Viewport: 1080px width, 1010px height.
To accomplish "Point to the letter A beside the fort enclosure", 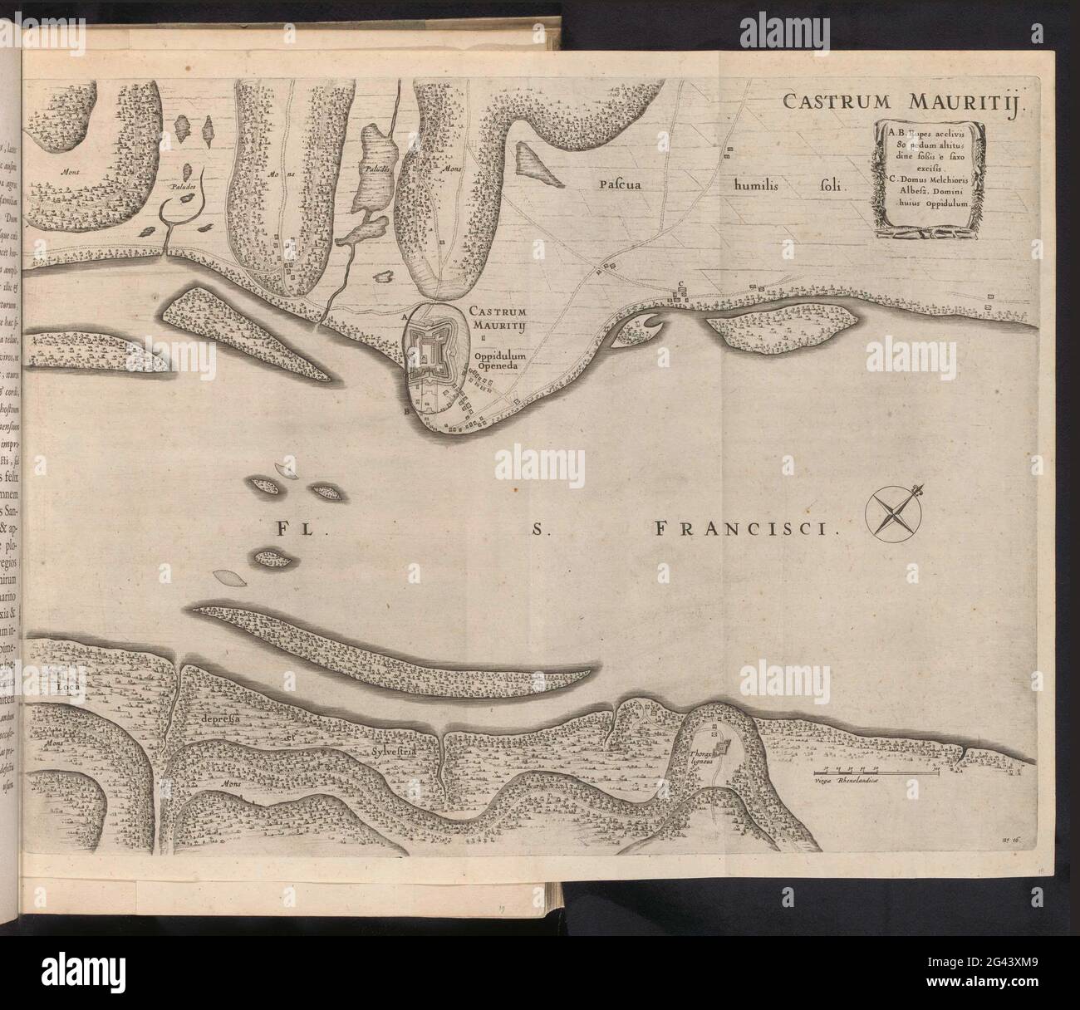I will click(404, 316).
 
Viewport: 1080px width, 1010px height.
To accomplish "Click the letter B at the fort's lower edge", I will click(405, 409).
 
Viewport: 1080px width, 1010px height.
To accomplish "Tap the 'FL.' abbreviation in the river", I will click(289, 527).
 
